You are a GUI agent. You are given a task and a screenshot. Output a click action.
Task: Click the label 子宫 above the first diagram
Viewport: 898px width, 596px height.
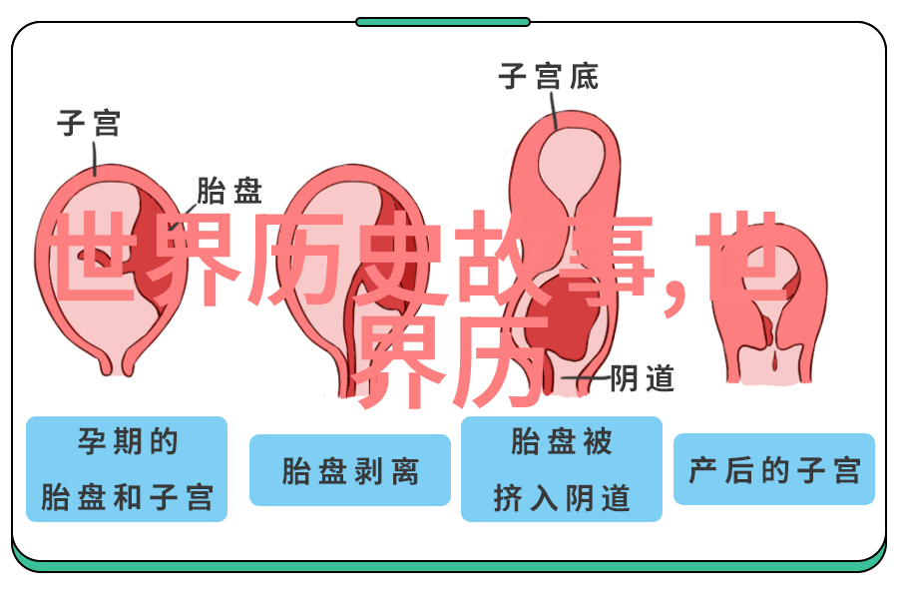pyautogui.click(x=89, y=123)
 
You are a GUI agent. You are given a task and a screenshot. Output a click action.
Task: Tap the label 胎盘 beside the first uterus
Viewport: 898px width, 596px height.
pyautogui.click(x=229, y=191)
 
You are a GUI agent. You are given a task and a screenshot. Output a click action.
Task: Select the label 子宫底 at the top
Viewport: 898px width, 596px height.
pyautogui.click(x=548, y=76)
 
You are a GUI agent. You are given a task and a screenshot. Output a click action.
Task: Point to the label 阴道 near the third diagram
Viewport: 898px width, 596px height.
pyautogui.click(x=642, y=378)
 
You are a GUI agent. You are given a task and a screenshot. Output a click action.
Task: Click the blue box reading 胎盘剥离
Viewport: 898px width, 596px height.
pyautogui.click(x=350, y=470)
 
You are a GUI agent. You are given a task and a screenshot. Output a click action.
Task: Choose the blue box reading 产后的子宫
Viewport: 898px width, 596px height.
pyautogui.click(x=773, y=469)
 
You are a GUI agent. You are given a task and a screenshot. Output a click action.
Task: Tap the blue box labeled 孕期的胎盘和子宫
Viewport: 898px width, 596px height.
pyautogui.click(x=127, y=469)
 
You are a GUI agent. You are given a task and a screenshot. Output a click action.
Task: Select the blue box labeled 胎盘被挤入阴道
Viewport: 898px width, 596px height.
pyautogui.click(x=561, y=469)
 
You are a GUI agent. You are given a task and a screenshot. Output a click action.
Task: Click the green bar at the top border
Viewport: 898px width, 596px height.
pyautogui.click(x=443, y=22)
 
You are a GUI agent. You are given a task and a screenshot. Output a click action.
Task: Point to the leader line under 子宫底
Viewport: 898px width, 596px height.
pyautogui.click(x=554, y=110)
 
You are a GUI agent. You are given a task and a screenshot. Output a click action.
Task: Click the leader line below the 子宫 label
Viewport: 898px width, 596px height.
pyautogui.click(x=95, y=157)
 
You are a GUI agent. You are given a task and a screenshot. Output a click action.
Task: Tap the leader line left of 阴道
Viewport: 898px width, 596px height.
pyautogui.click(x=585, y=378)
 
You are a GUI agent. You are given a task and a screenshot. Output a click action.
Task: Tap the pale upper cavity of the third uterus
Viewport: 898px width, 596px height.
pyautogui.click(x=571, y=166)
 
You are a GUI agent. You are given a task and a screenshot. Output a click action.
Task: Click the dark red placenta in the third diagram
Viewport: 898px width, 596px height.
pyautogui.click(x=564, y=320)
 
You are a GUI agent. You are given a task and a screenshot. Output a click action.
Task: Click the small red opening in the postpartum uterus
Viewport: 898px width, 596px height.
pyautogui.click(x=775, y=361)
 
